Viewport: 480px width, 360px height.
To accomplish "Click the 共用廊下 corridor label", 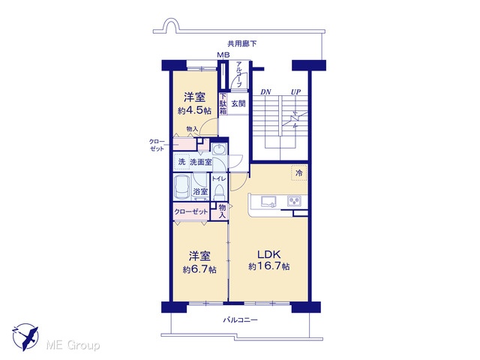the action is point(241,43).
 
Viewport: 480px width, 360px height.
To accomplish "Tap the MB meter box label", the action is point(223,55).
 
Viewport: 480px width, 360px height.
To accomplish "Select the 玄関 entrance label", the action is point(238,103).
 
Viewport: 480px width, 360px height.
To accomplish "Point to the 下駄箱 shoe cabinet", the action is point(223,103).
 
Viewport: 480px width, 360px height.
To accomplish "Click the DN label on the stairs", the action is point(265,91).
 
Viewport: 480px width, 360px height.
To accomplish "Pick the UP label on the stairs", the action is point(295,91).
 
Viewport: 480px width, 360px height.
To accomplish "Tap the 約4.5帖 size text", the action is point(194,110).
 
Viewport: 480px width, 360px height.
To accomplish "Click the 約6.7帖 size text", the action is point(199,269).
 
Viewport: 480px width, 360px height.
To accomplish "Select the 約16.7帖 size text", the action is point(269,266).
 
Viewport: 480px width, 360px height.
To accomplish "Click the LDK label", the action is point(268,254).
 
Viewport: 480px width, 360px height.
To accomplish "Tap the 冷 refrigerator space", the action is point(298,173).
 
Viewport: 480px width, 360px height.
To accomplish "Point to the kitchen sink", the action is point(268,202).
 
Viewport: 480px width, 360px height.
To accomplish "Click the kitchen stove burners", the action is point(294,201).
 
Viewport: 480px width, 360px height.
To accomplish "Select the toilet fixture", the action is point(219,193).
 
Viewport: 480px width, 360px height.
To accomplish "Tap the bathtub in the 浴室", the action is point(181,187).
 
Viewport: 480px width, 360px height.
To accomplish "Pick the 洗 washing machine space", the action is point(181,162).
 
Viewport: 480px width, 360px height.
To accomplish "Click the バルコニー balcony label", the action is point(240,320).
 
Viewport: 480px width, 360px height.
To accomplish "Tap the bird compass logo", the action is point(25,337).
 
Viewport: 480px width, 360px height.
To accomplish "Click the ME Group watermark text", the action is point(73,346).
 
